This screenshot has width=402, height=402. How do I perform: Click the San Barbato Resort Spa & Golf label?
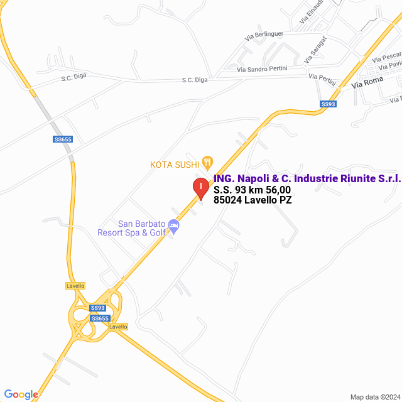[x=131, y=228]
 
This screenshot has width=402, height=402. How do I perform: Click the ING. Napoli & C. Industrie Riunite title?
[x=307, y=179]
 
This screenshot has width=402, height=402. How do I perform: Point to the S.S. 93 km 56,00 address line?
[x=252, y=190]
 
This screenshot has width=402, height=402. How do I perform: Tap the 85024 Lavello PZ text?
[x=253, y=200]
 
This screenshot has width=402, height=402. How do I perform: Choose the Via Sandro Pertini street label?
[x=262, y=68]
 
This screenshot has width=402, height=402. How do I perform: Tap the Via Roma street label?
[x=367, y=82]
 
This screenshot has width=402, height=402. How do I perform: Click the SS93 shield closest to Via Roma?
[x=328, y=104]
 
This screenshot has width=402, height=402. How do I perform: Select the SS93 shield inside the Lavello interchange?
[x=97, y=308]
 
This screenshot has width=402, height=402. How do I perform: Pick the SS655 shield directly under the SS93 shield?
[x=100, y=318]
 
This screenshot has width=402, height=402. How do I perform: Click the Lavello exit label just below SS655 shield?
[x=118, y=327]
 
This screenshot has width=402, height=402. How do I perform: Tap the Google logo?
[x=21, y=394]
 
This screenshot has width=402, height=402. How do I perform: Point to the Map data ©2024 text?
[x=374, y=397]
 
